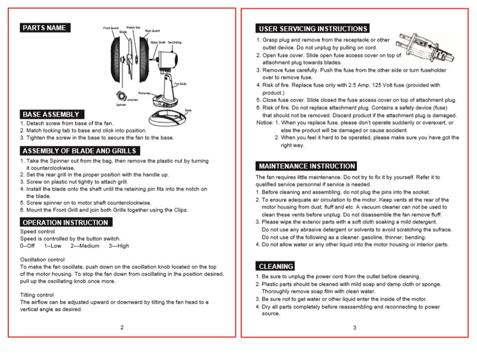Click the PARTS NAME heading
[x=45, y=28]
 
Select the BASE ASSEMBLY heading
[x=52, y=114]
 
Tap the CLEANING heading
[x=276, y=266]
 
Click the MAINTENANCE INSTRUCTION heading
[x=306, y=166]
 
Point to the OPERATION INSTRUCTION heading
[x=65, y=222]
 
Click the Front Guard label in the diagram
[x=110, y=29]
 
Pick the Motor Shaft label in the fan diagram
[x=158, y=42]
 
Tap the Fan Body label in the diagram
[x=180, y=83]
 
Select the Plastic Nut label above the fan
[x=134, y=27]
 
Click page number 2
[x=122, y=327]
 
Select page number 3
[x=355, y=327]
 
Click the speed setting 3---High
[x=119, y=246]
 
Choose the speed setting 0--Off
[x=27, y=246]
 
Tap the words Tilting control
[x=37, y=295]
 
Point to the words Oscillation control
[x=42, y=259]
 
